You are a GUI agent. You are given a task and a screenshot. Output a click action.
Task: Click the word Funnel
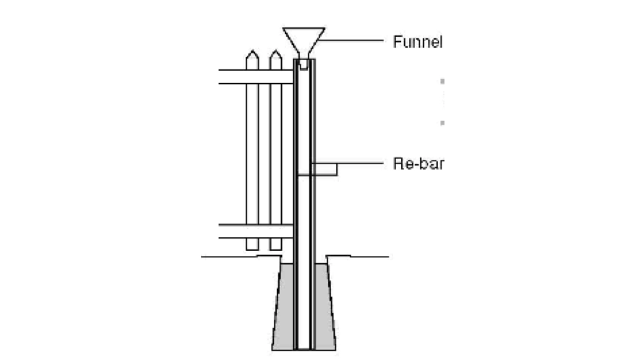tap(417, 41)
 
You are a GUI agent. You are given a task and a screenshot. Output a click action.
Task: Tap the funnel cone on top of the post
tap(304, 40)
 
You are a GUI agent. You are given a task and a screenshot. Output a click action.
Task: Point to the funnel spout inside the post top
tap(304, 64)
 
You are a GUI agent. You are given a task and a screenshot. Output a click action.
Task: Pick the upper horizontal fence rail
tap(255, 76)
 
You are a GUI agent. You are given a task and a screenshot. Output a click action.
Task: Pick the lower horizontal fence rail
tap(255, 231)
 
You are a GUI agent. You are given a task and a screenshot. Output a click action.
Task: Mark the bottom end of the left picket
tap(252, 248)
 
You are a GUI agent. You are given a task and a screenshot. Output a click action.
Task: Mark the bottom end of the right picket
tap(275, 248)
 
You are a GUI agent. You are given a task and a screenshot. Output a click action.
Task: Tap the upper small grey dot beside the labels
tap(442, 81)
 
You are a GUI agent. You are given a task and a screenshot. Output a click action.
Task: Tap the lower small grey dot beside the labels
tap(442, 123)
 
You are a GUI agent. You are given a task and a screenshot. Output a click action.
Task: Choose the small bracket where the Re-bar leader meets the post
tap(326, 169)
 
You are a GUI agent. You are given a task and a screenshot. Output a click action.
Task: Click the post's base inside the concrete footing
tap(304, 340)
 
